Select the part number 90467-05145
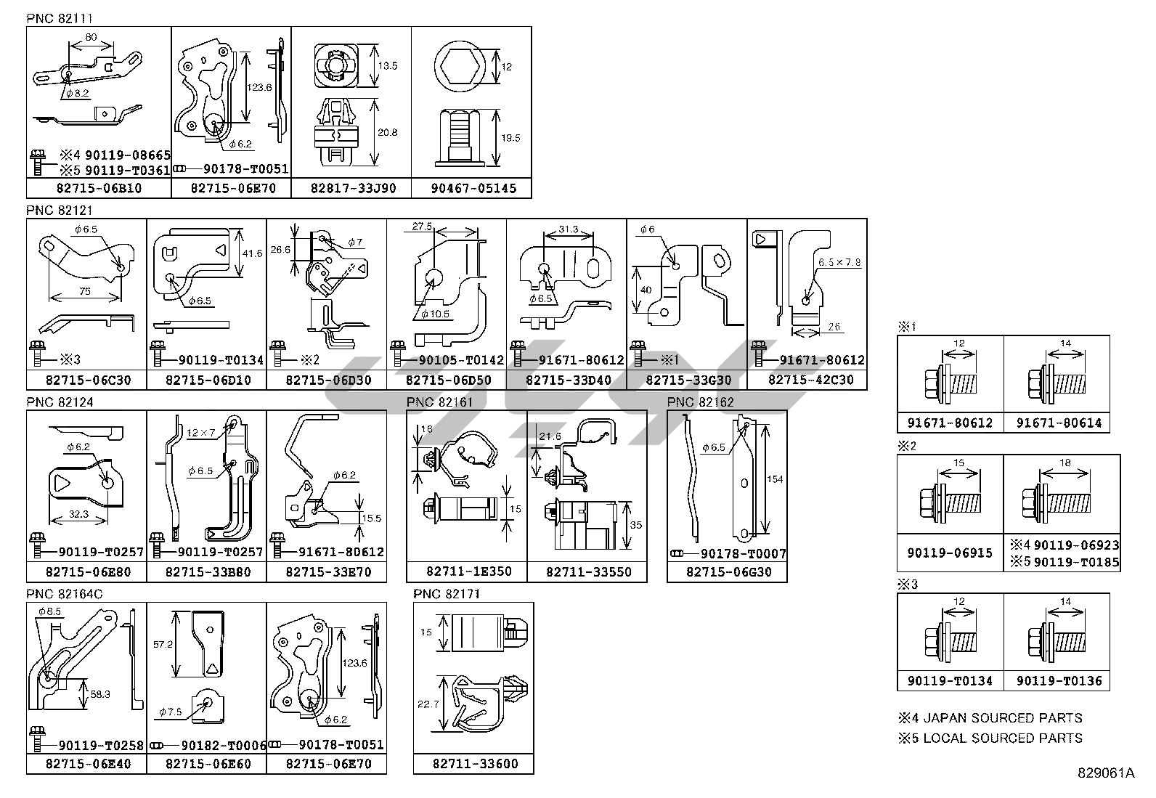473,189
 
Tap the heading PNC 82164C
65,593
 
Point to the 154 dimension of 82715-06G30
775,479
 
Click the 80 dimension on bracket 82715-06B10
91,37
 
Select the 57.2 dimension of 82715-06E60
164,644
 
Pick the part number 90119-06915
949,553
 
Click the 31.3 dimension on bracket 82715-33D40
569,229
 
